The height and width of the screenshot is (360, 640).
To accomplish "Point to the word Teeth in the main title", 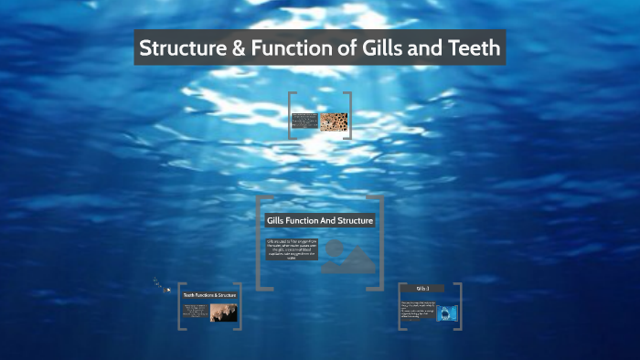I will (470, 48).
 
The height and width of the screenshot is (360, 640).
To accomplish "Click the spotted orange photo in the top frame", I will (333, 122).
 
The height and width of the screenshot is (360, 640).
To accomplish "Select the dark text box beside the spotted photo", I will (304, 121).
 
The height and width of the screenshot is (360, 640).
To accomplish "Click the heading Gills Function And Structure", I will (319, 221).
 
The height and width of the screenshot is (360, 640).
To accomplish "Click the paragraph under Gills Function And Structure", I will (292, 249).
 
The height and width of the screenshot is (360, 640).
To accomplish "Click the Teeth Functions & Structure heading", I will (209, 295).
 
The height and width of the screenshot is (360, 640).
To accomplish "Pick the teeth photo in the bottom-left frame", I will (223, 312).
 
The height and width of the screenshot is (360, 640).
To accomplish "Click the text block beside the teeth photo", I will (197, 312).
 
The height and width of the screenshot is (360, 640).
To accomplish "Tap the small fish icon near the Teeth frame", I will (166, 290).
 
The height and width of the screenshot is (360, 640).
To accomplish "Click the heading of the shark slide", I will (422, 289).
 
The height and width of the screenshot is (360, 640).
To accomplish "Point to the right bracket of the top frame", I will (349, 115).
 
